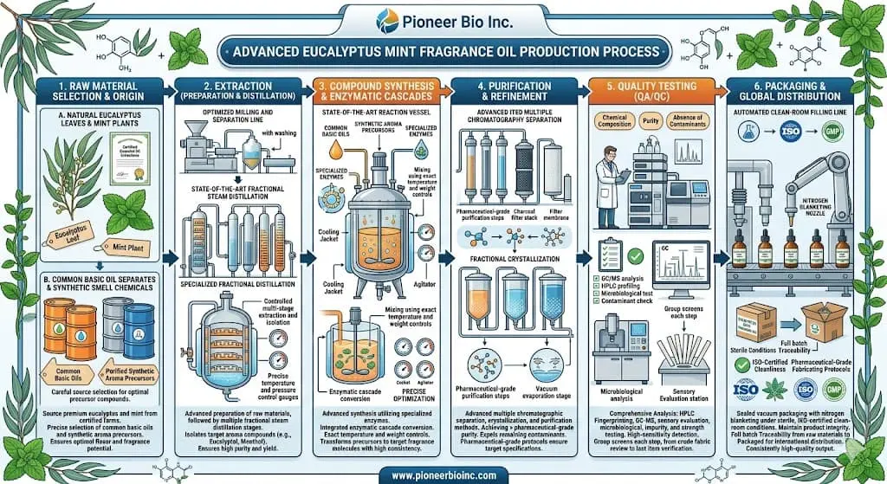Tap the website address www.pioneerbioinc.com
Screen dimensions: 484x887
point(443,473)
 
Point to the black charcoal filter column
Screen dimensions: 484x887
point(522,165)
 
